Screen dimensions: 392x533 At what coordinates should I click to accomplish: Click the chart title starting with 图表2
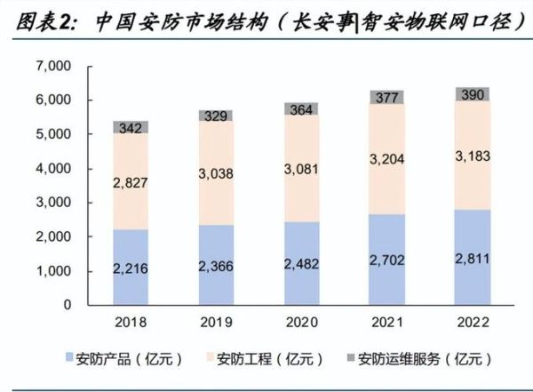click(266, 20)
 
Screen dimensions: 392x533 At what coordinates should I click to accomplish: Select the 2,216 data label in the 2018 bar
click(131, 269)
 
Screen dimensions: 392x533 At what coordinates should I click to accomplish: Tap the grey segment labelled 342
click(131, 127)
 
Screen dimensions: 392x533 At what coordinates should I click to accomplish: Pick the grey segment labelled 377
click(386, 97)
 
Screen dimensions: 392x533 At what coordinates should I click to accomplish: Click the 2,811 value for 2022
click(471, 258)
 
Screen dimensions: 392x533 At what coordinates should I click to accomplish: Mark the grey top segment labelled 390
click(471, 94)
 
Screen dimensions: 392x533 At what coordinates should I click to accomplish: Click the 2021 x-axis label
click(386, 323)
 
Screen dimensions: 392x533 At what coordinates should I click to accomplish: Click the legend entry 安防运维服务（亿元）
click(418, 360)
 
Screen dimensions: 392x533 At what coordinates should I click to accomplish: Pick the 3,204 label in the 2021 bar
click(386, 160)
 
